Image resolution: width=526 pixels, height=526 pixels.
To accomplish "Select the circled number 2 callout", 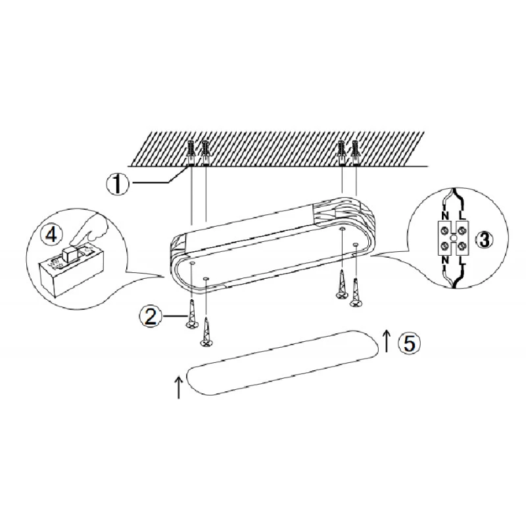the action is click(x=150, y=316).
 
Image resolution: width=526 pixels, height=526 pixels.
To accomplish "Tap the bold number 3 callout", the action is click(x=484, y=240).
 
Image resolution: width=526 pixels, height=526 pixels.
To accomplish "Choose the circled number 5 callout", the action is click(x=408, y=343).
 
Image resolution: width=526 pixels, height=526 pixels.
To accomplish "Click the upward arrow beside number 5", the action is click(x=387, y=341).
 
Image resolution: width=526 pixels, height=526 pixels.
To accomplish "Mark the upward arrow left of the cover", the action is click(x=178, y=387).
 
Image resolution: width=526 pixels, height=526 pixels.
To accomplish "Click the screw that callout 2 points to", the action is click(x=191, y=314).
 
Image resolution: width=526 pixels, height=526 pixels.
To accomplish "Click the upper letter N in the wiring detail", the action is click(x=445, y=215).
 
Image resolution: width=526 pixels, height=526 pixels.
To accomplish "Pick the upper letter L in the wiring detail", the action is click(x=462, y=215).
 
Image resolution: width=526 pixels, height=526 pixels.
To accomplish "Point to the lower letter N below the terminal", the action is click(x=445, y=260).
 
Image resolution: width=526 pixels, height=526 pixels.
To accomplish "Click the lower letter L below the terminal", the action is click(x=462, y=260).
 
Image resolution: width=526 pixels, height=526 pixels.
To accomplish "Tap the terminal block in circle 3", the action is click(x=453, y=238).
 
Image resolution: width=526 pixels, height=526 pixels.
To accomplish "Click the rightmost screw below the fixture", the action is click(x=356, y=293).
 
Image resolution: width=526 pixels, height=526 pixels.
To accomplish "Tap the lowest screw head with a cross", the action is click(x=206, y=343).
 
